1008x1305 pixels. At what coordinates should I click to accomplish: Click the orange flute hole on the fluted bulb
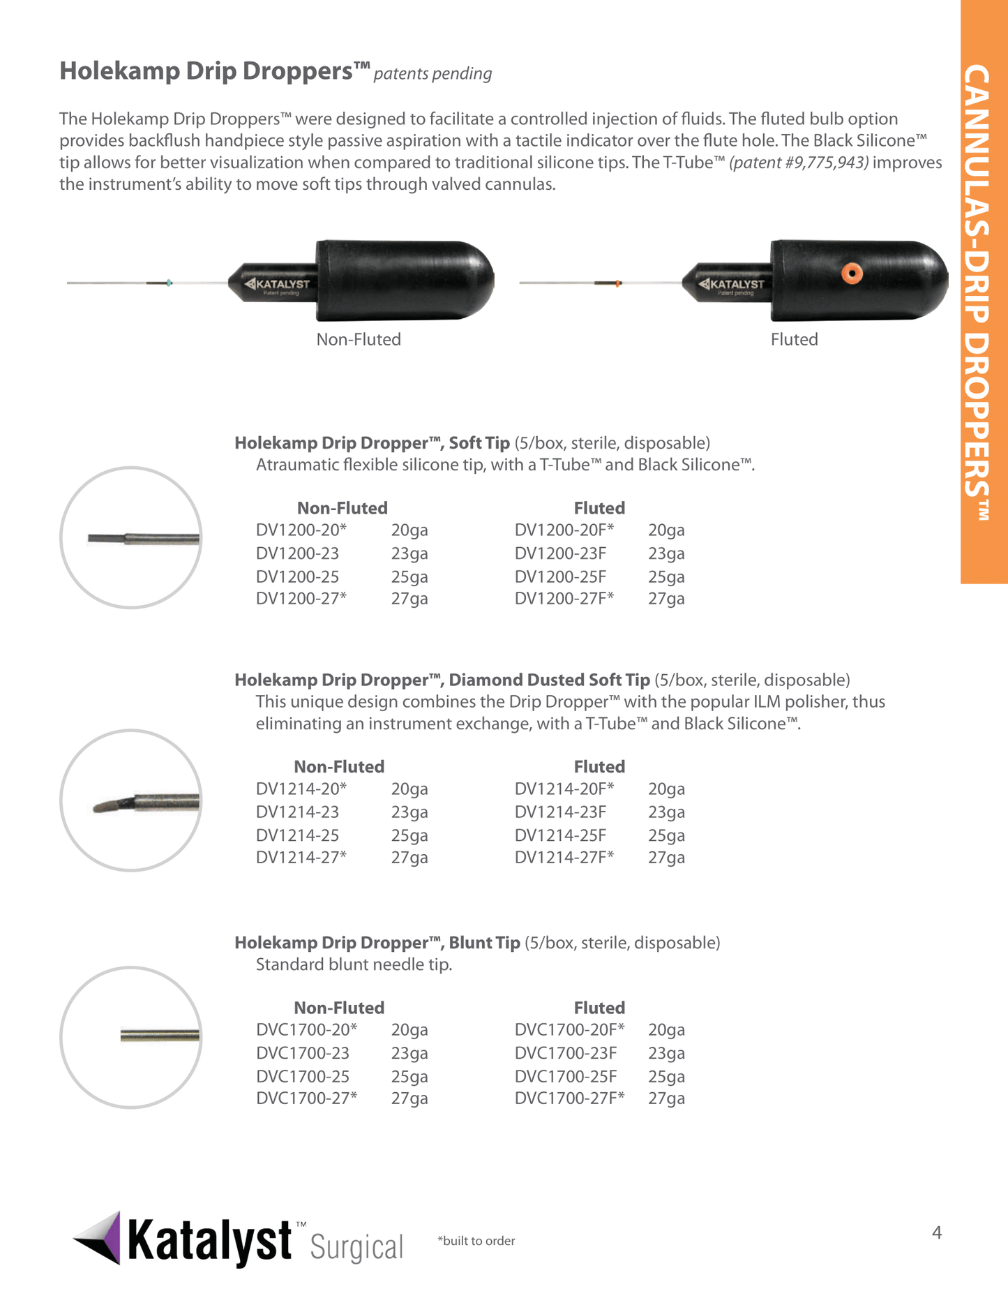tap(850, 273)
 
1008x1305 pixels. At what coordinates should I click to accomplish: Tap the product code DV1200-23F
tap(560, 553)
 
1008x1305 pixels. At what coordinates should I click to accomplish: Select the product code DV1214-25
tap(297, 835)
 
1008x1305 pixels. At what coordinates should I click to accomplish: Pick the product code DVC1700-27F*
tap(569, 1098)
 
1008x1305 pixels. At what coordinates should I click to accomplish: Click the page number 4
tap(936, 1232)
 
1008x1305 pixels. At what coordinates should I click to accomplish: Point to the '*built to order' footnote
tap(476, 1241)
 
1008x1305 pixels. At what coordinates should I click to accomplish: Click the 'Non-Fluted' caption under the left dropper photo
tap(359, 340)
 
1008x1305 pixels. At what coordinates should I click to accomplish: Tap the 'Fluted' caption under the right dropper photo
tap(794, 340)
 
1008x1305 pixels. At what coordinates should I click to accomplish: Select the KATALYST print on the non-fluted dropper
tap(279, 284)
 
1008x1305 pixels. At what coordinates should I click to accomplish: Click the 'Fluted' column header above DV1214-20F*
tap(599, 767)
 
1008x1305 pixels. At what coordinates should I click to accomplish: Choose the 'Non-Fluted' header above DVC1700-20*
tap(339, 1008)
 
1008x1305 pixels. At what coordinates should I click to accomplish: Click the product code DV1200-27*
tap(301, 599)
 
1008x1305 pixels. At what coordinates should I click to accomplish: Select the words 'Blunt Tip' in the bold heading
tap(484, 943)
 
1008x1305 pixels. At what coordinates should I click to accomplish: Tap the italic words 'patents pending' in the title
tap(432, 74)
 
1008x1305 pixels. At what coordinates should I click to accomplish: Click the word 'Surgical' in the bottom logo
tap(356, 1247)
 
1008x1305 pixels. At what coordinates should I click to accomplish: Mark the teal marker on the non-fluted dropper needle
tap(169, 283)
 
